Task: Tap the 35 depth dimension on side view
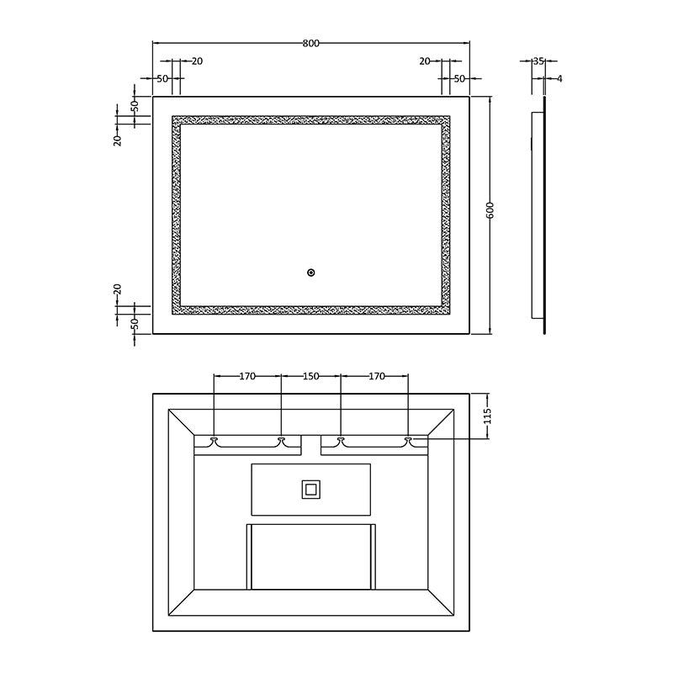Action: point(539,61)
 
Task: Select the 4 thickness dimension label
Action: point(559,78)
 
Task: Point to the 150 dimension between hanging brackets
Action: point(310,377)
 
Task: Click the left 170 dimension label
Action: point(247,377)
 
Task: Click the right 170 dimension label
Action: point(376,377)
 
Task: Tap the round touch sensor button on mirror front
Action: point(310,272)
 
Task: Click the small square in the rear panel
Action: point(310,488)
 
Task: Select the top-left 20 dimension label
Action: point(197,61)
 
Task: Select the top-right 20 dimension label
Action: point(424,61)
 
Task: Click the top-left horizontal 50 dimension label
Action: point(163,78)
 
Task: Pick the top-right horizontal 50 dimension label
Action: point(459,78)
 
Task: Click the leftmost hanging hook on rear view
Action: point(215,440)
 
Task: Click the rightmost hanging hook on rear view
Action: point(408,440)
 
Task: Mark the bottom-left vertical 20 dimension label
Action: point(119,289)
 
